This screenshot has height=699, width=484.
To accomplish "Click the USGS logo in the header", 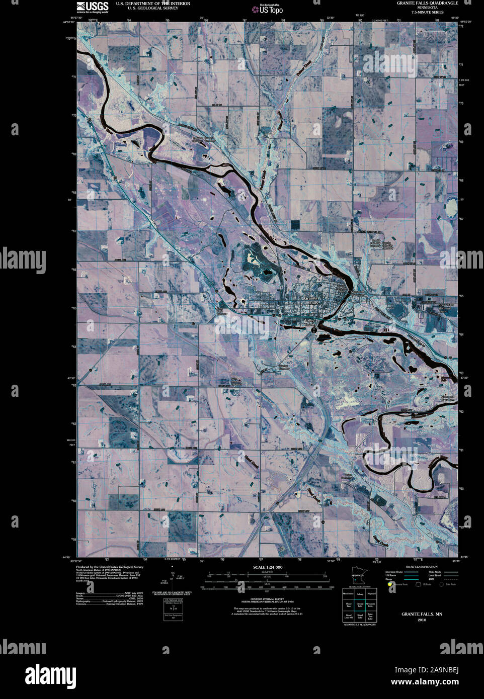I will pos(92,7).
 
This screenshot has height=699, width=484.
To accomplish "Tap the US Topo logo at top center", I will pos(271,9).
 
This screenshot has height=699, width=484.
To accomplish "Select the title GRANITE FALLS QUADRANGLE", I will pos(427,3).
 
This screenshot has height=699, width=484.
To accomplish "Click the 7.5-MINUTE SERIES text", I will pos(427,12).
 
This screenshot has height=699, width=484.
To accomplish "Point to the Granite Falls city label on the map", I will pos(311,301).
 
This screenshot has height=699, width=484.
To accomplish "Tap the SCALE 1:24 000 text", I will pos(267,567).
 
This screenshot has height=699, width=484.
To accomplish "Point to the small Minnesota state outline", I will pos(358,576).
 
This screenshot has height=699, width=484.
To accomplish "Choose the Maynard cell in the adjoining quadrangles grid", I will pos(371,594).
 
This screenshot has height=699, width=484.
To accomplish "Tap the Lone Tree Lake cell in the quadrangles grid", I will pos(371,617).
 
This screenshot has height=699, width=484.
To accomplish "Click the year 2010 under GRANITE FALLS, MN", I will pos(422,620).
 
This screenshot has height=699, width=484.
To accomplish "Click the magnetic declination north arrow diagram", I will pos(173,576).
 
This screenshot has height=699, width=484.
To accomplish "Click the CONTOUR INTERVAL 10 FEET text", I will pos(267,598).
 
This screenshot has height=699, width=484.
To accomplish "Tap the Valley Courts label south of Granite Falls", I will pos(310,324).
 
